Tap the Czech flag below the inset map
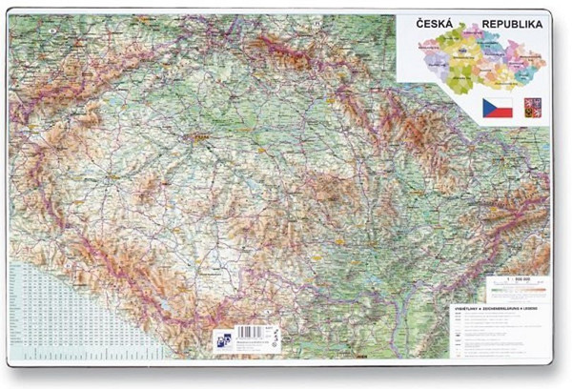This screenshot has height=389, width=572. pyautogui.click(x=497, y=108)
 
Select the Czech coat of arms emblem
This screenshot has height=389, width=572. pyautogui.click(x=532, y=108)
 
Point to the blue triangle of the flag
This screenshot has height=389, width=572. pyautogui.click(x=487, y=108)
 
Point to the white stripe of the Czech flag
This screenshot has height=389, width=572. pyautogui.click(x=501, y=103)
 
